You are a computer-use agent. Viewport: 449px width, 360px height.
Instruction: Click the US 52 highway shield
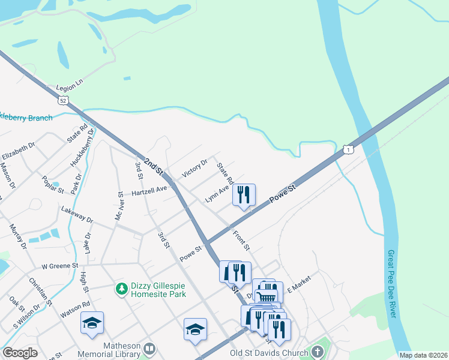pos(63,100)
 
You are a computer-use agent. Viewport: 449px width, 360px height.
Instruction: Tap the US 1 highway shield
pos(348,149)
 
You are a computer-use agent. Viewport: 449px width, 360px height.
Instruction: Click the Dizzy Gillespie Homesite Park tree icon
pos(122,289)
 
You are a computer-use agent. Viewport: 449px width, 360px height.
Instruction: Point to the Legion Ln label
pos(69,88)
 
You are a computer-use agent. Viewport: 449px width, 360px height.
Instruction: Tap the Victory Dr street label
pos(194,167)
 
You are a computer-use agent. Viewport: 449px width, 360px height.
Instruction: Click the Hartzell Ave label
pos(149,191)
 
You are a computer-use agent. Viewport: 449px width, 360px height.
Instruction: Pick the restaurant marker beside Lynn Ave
pos(244,194)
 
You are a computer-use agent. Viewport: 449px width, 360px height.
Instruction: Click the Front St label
pos(241,241)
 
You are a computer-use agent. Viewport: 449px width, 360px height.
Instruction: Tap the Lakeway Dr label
pos(77,215)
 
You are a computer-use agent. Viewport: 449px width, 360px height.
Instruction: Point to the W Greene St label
pos(60,265)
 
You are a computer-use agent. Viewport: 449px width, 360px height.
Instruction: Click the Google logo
pos(20,352)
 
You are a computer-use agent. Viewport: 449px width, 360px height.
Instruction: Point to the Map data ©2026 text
pos(423,355)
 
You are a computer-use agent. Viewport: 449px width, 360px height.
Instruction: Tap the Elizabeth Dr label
pos(19,150)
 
